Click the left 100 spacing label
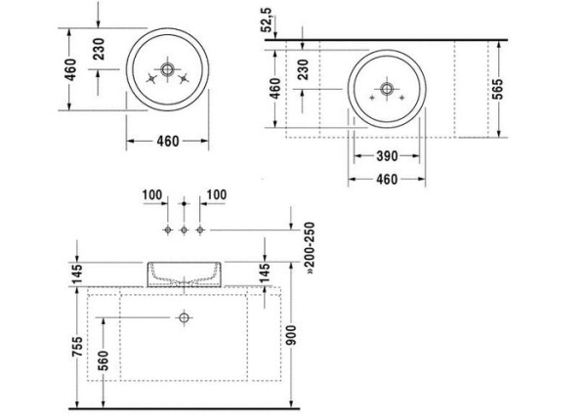click(151, 195)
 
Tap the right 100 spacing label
click(217, 195)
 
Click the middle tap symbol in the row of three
click(183, 229)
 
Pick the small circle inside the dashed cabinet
click(183, 317)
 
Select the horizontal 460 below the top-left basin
click(168, 141)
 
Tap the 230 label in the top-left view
click(99, 50)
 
